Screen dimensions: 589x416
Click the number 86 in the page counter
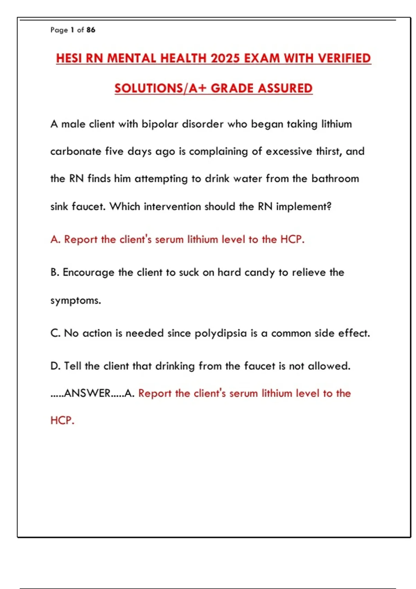(91, 30)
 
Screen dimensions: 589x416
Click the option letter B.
(54, 272)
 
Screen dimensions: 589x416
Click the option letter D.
(54, 366)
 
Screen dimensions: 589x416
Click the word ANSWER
(87, 393)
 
